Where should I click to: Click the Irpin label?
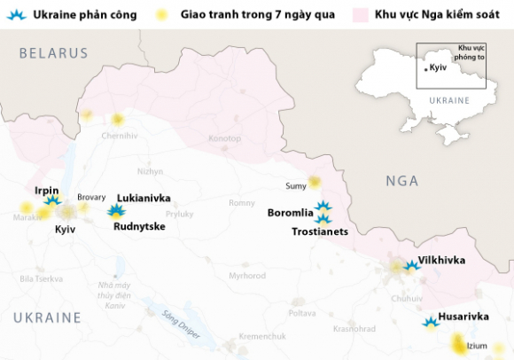(46, 190)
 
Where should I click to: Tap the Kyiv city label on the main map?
(66, 229)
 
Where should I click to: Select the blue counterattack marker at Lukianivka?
(115, 211)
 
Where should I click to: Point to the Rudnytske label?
(139, 226)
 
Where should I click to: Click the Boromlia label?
(291, 213)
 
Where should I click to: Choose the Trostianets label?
(319, 231)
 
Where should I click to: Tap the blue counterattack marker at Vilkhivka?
(410, 264)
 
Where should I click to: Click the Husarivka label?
(466, 317)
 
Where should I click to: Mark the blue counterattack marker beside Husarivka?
(431, 323)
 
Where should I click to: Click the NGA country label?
(401, 181)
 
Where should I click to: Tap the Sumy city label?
(295, 185)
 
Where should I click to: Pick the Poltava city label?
(301, 313)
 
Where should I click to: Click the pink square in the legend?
(359, 15)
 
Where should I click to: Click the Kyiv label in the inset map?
(437, 67)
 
